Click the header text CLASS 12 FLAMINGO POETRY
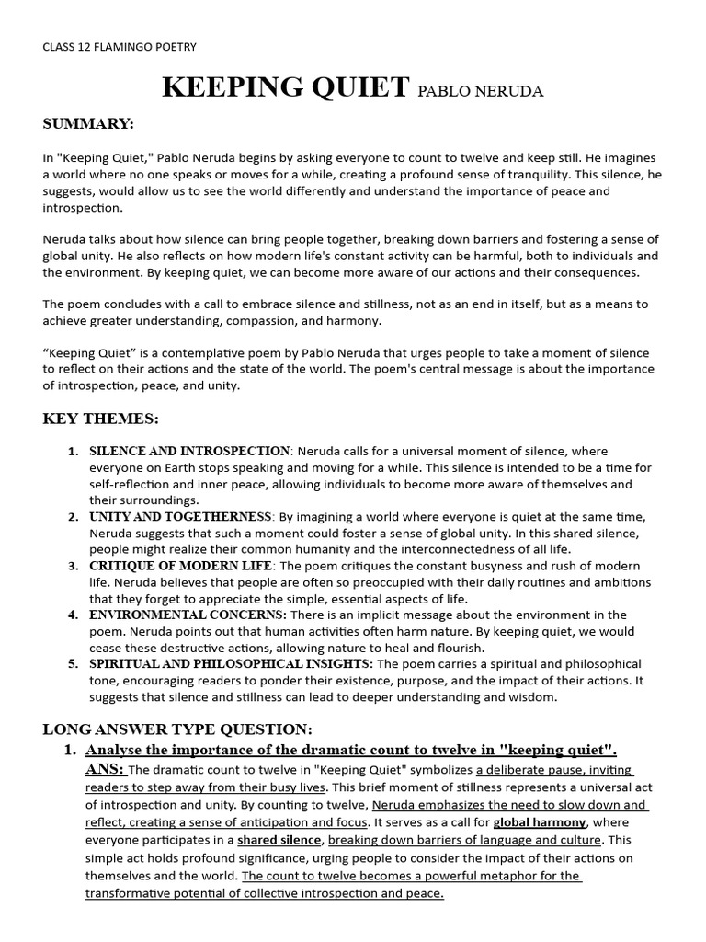[x=120, y=46]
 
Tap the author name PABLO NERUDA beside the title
[x=479, y=91]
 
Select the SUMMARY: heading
[x=88, y=123]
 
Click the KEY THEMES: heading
[x=101, y=419]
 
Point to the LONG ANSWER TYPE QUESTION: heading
[x=178, y=729]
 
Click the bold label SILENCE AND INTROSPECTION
[x=189, y=451]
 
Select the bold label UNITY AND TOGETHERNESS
[x=180, y=517]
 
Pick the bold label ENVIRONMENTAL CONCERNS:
[x=188, y=615]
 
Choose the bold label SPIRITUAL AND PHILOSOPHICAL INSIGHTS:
[x=231, y=663]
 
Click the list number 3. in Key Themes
[x=73, y=566]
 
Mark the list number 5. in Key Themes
[x=73, y=663]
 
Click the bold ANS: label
[x=106, y=769]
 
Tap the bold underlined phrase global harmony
[x=540, y=821]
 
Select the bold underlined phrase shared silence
[x=279, y=840]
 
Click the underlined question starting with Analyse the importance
[x=351, y=750]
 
